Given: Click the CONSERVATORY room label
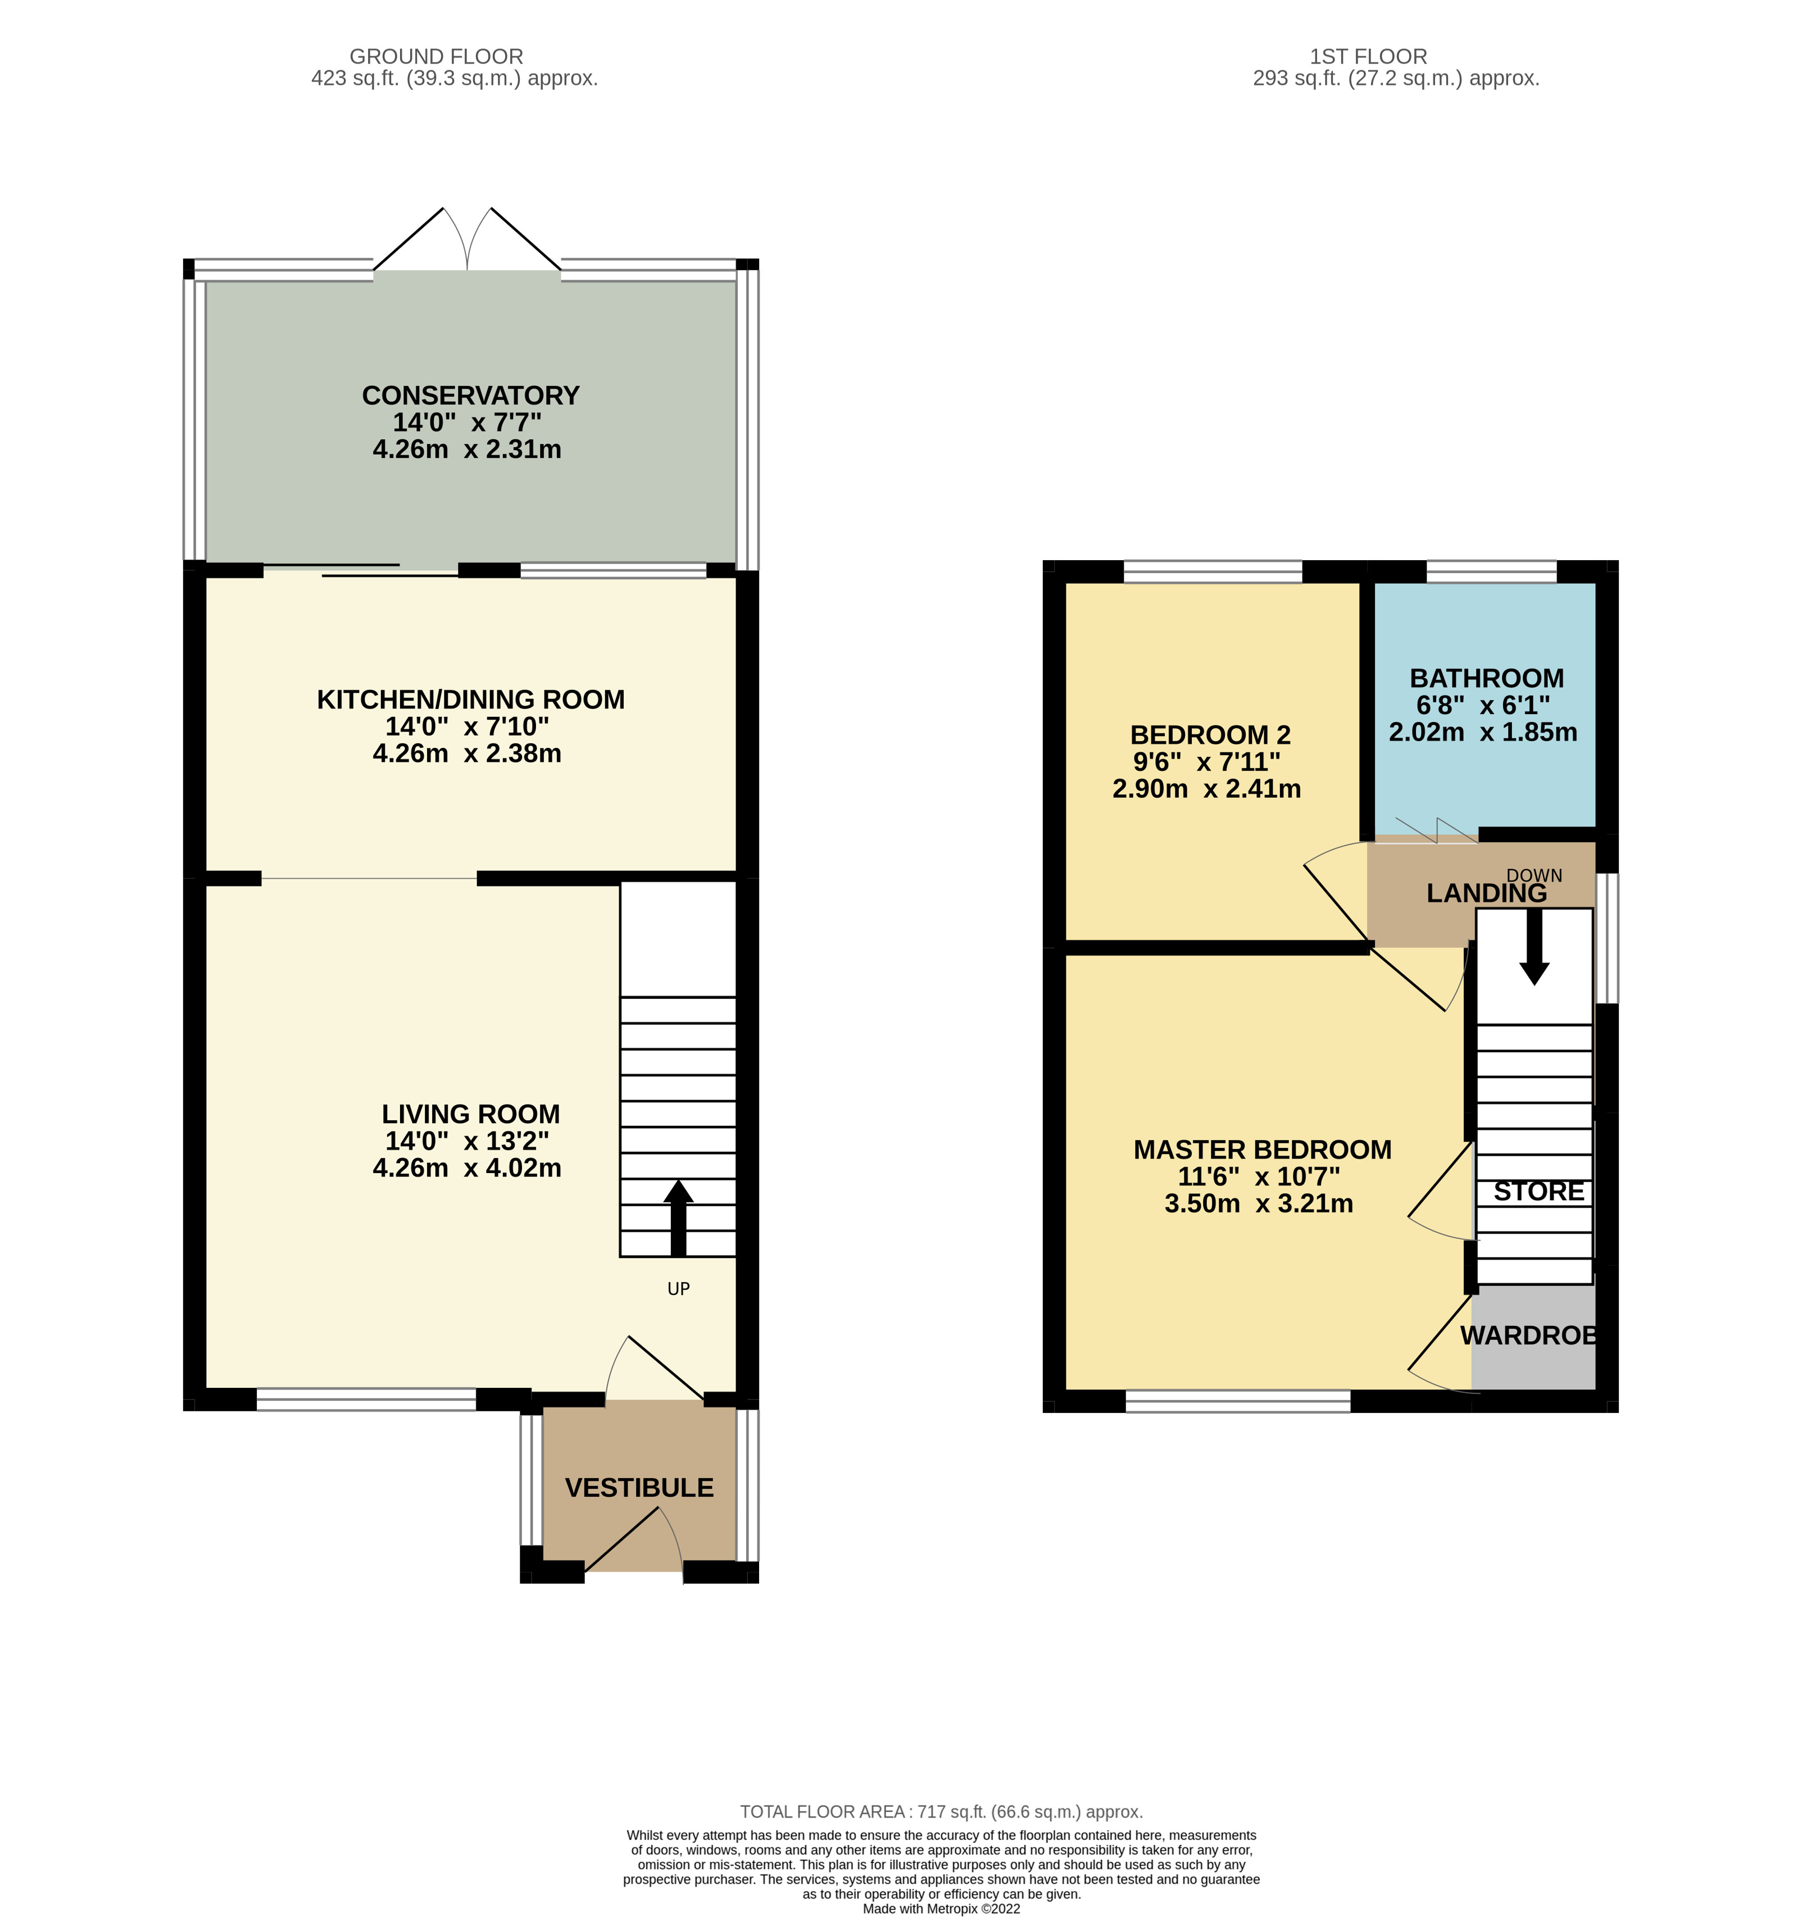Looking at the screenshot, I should tap(470, 396).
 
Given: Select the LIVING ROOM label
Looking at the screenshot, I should tap(470, 1114).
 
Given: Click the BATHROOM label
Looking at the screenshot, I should tap(1486, 678).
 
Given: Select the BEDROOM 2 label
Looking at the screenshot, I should tap(1210, 735).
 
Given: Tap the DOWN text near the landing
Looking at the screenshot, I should tap(1534, 875).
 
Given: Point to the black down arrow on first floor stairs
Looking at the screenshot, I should tap(1534, 950).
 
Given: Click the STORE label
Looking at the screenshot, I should tap(1539, 1192).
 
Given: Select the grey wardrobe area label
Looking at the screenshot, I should tap(1529, 1335).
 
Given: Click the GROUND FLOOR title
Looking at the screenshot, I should tap(436, 57).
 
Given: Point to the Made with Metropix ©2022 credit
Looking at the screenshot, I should tap(941, 1909).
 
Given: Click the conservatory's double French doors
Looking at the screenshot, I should tap(467, 241).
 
